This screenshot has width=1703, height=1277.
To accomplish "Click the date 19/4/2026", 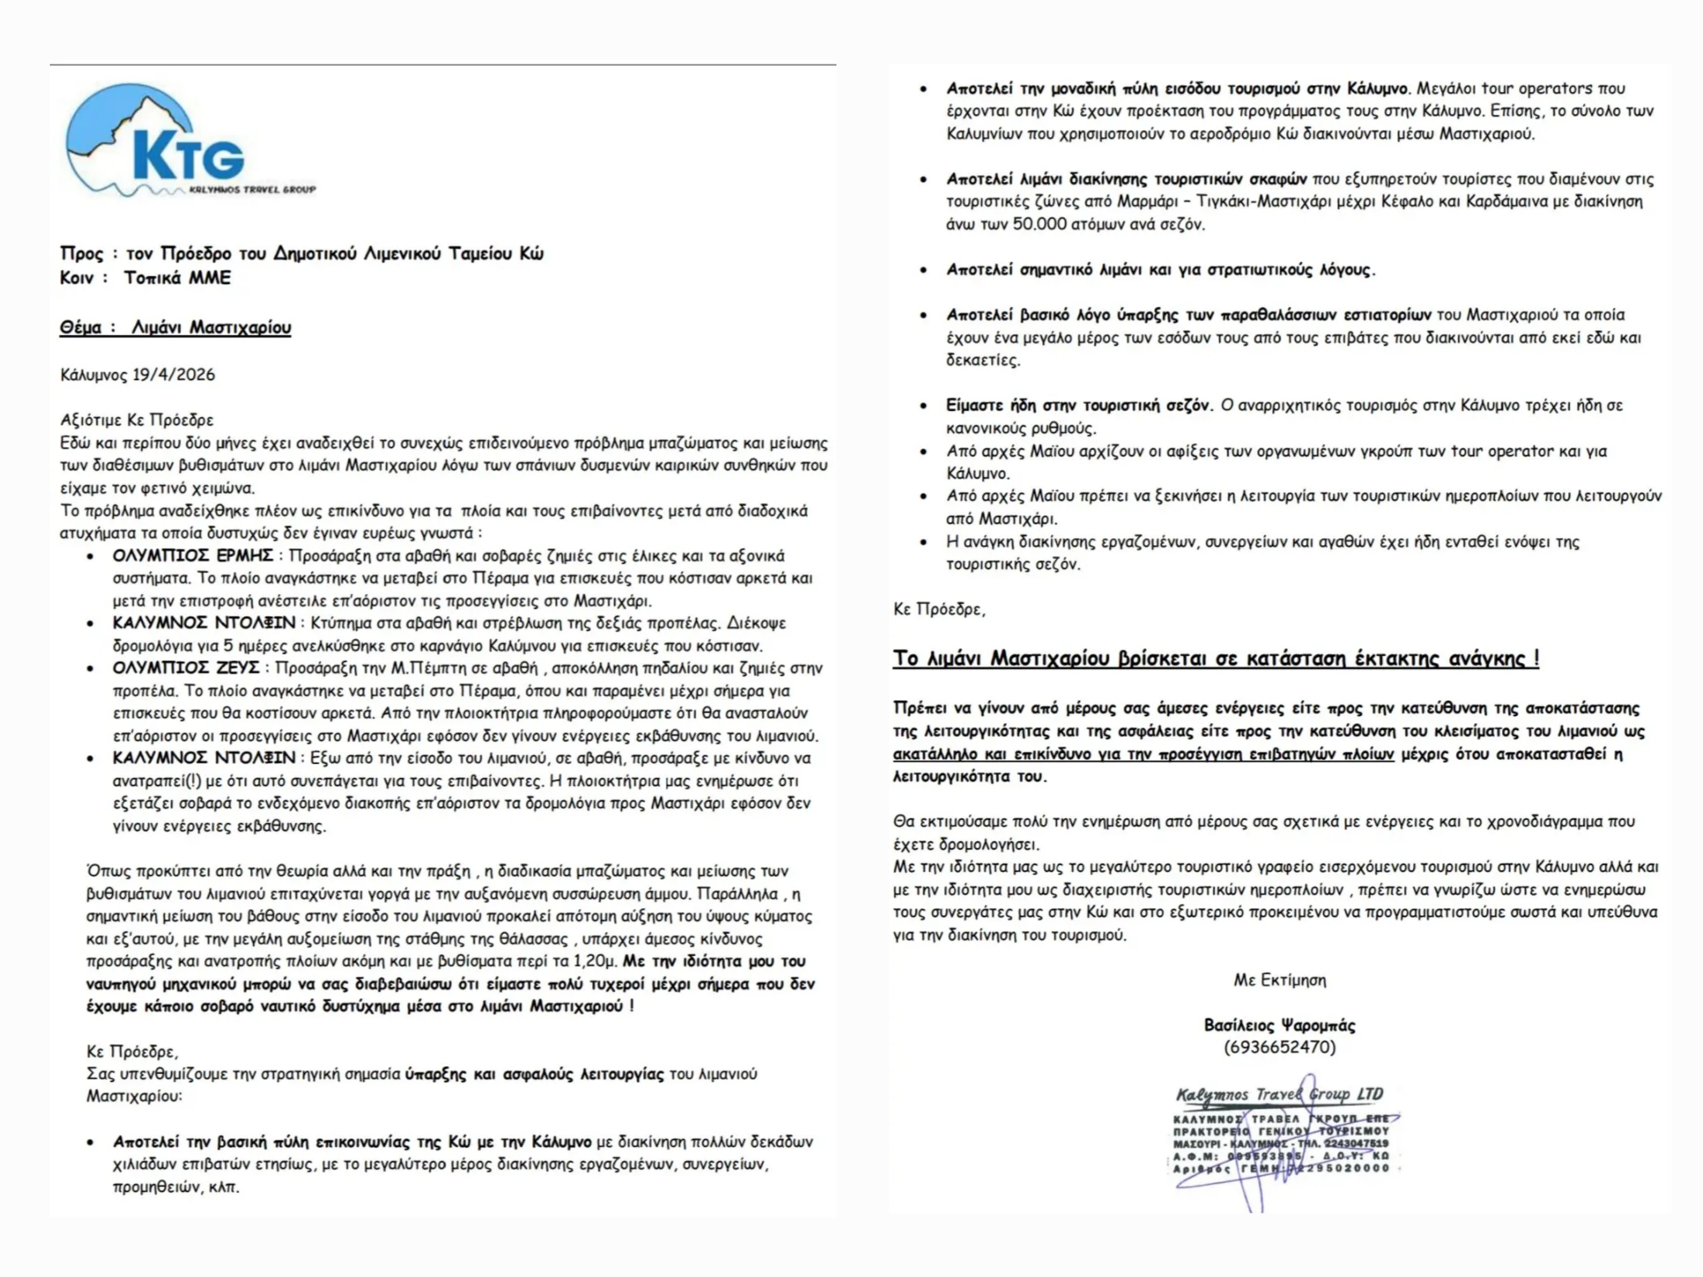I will pos(173,375).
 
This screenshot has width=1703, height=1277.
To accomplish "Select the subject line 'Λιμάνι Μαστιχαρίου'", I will pos(211,327).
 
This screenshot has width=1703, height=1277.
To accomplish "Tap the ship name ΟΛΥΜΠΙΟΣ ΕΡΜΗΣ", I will pos(193,556).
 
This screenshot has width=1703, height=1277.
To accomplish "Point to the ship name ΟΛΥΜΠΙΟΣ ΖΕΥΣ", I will pos(185,668).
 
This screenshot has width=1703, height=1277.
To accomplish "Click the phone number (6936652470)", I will pos(1279,1047).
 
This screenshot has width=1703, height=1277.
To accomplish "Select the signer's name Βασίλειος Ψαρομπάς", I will pos(1279,1025).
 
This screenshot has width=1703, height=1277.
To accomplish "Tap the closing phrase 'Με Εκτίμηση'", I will pos(1279,980).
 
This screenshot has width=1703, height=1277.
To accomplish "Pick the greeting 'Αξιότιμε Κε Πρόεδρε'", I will pos(137,420).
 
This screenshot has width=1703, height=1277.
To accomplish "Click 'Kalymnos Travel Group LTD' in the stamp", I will pos(1279,1094).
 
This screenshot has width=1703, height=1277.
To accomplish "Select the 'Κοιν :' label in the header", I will pos(83,278).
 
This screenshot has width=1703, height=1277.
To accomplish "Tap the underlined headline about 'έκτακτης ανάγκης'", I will pos(1215,658).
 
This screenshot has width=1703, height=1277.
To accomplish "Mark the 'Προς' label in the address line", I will pos(81,253).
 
